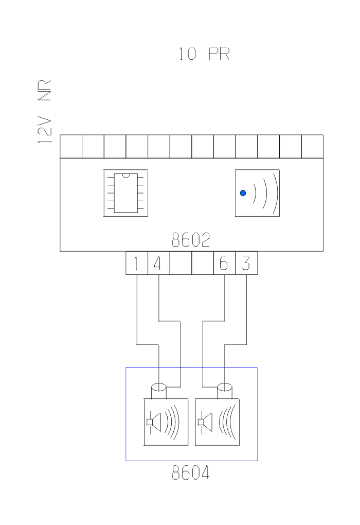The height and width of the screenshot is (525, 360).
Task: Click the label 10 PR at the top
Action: point(204,54)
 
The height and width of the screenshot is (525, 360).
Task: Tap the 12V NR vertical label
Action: point(45,112)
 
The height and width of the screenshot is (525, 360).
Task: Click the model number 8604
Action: point(191,472)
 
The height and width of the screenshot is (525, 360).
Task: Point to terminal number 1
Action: point(136,264)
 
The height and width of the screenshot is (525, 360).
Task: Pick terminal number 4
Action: point(158,264)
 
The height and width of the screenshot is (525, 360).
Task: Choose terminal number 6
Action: point(224,264)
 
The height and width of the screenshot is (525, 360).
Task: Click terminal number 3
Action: point(246,264)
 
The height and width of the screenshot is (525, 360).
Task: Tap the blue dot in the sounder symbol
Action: point(243,194)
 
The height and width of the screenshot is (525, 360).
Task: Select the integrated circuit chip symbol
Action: point(125,193)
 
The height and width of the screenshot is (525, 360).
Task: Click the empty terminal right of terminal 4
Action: point(181,264)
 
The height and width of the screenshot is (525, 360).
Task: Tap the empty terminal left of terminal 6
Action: point(203,264)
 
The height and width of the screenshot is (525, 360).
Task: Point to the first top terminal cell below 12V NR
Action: point(71,146)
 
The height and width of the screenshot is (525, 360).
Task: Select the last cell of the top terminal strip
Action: point(312,146)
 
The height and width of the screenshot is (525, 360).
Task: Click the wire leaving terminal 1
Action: point(137,309)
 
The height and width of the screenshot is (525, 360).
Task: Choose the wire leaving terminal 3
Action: point(247,309)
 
